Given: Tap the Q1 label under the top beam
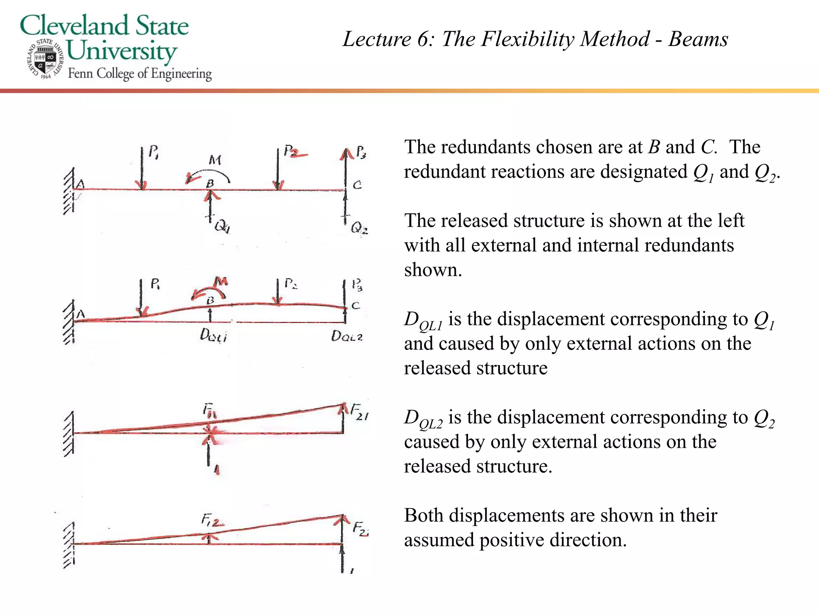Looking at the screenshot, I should (x=222, y=227).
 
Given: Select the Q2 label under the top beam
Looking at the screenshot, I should (x=359, y=228).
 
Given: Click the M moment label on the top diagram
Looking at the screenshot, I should (x=215, y=160).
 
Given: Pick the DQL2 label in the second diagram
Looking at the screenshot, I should (x=347, y=336).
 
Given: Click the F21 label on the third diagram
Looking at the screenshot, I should (x=359, y=412).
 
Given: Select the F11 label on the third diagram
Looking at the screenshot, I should (x=209, y=411).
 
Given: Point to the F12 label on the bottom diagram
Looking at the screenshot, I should (x=212, y=520).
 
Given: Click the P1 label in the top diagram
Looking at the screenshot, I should (x=154, y=152).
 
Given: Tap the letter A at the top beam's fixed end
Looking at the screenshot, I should (x=80, y=184).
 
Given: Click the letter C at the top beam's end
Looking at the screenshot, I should (x=357, y=185).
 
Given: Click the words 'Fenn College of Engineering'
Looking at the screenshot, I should (x=140, y=74).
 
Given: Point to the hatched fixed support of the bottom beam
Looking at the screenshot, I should (x=69, y=544).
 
